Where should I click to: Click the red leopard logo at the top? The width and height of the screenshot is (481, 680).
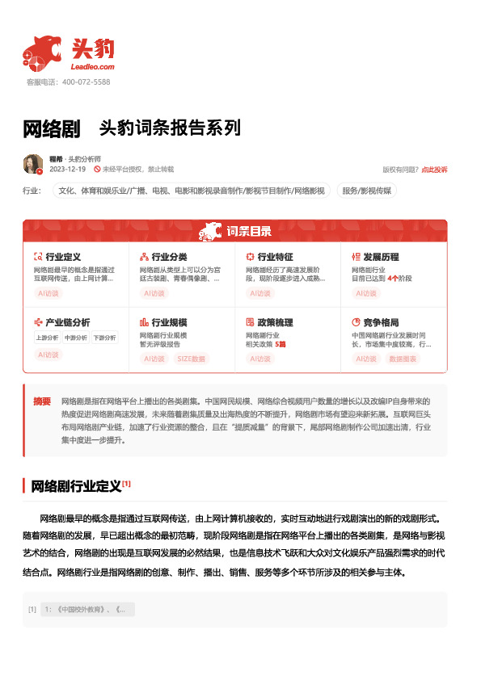43,51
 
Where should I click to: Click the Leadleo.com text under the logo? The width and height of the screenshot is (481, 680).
93,67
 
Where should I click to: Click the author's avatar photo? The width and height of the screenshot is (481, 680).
33,164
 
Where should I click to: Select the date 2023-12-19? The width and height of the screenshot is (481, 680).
68,170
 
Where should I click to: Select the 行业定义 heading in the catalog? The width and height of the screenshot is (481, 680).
63,256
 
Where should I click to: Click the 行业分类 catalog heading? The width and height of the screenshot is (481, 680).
169,256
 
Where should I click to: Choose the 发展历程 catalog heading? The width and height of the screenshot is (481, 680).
381,256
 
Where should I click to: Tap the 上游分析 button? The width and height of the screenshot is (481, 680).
48,338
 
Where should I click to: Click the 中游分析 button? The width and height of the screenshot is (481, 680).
75,338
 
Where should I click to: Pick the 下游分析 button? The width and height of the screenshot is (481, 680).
103,338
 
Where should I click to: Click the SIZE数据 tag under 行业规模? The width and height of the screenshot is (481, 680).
192,358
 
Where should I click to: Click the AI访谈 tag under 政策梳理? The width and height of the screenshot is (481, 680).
260,358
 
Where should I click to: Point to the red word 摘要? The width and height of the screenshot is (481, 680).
42,401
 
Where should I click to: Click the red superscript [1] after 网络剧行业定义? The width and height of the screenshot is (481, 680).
126,484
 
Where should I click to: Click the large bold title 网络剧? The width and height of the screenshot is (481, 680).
52,129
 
